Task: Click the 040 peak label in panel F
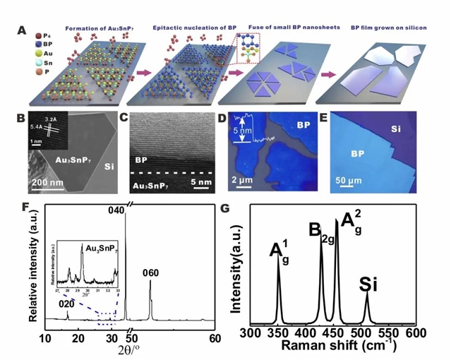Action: click(115, 210)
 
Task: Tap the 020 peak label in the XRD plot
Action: click(65, 304)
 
